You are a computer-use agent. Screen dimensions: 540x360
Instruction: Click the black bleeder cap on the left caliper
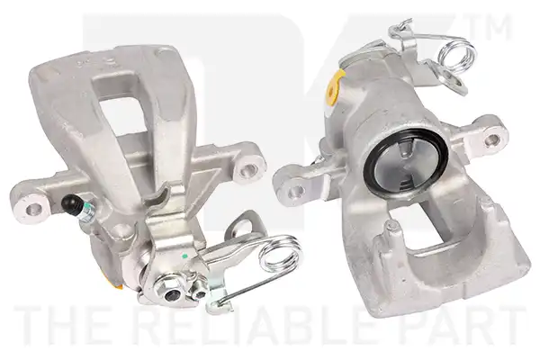click(70, 202)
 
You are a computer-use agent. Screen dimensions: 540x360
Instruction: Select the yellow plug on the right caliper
click(334, 87)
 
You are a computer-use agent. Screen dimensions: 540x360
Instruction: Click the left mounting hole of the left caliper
click(34, 208)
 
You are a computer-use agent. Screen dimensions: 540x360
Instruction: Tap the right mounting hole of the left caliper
click(248, 168)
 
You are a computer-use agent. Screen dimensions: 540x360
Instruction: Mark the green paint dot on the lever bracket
click(184, 256)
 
